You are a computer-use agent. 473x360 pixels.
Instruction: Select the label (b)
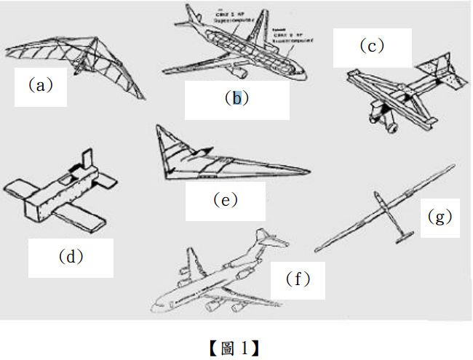[x=236, y=98]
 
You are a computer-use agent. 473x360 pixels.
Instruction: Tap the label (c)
[x=370, y=46]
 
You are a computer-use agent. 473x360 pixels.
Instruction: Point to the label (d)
[x=71, y=256]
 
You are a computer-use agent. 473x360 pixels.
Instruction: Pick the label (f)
[x=298, y=279]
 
